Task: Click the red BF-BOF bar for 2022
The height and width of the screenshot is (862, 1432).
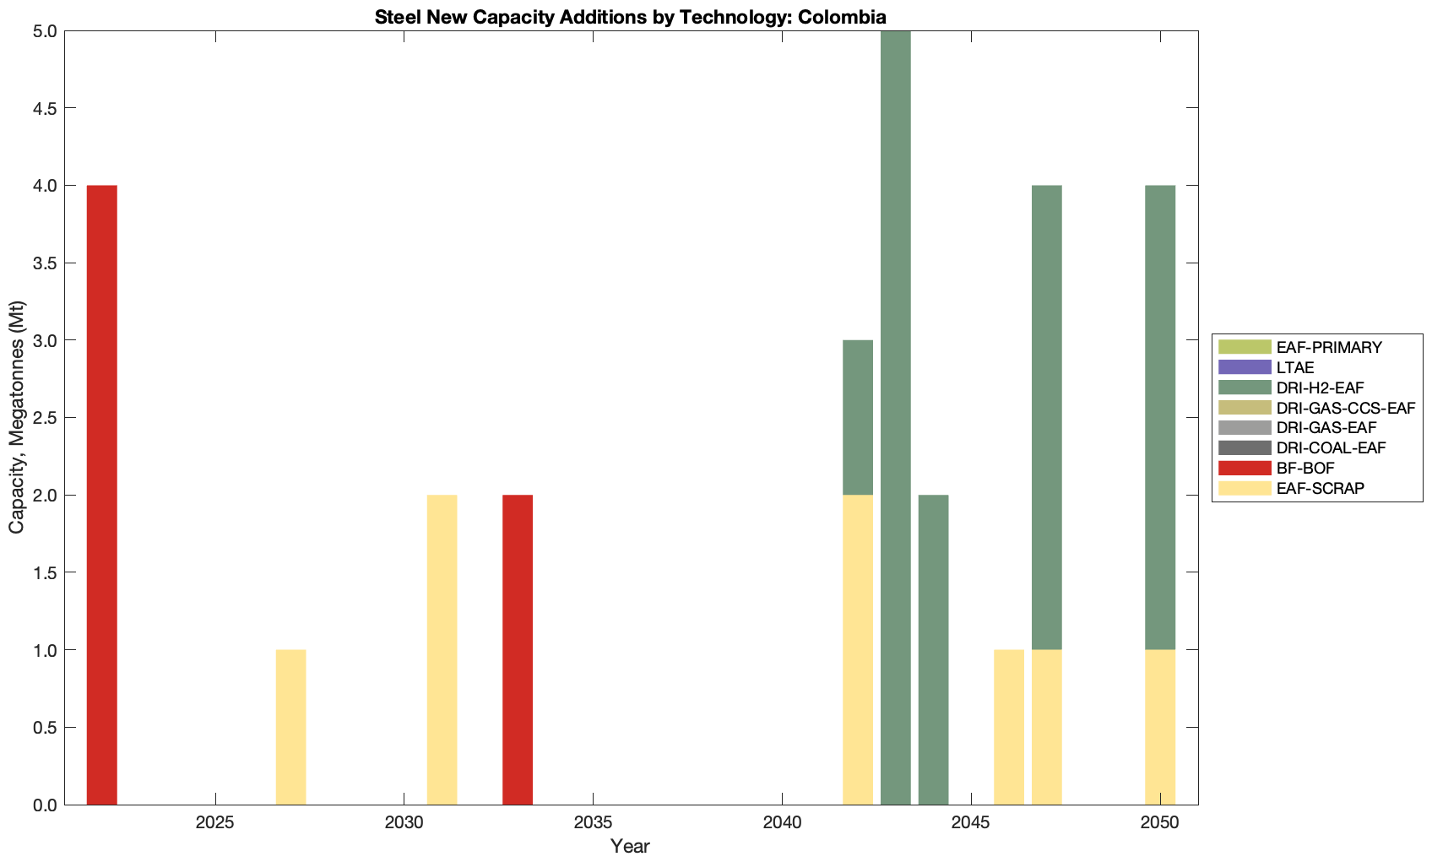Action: (101, 495)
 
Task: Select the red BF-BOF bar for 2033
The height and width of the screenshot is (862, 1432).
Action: (517, 649)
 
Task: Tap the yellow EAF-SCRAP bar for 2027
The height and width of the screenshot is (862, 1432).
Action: (290, 727)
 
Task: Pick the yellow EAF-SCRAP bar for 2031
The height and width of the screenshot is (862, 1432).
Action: (442, 649)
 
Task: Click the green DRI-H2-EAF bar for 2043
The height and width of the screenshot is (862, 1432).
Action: (895, 417)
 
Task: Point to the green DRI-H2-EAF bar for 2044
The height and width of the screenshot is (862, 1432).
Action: (933, 649)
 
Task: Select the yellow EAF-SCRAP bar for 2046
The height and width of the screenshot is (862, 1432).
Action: (1008, 727)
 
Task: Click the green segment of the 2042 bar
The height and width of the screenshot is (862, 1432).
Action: (857, 417)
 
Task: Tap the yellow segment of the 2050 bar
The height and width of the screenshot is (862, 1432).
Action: (1159, 727)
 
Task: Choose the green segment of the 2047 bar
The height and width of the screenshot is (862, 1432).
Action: (1046, 417)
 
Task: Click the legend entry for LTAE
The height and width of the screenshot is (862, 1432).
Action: (1295, 367)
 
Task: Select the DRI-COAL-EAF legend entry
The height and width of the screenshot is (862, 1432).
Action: (1331, 447)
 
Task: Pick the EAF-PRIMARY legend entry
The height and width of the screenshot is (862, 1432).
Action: (1329, 347)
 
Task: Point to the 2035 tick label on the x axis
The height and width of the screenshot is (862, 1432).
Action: (593, 822)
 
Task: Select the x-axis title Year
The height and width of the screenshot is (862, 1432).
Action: (630, 846)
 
